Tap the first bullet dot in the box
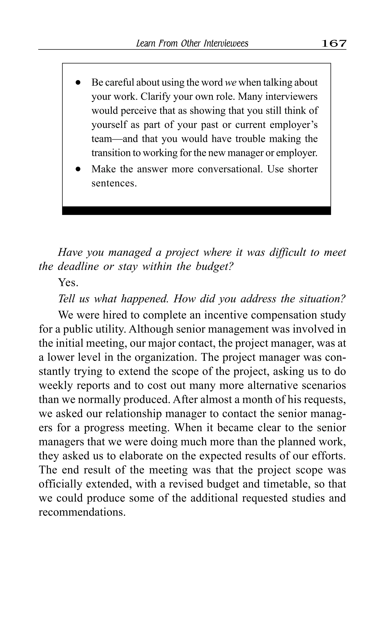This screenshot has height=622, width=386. pos(78,83)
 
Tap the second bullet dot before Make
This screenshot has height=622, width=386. pos(78,169)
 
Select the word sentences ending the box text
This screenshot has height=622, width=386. pos(114,183)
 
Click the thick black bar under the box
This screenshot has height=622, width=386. pos(196,211)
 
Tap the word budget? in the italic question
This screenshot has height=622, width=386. pos(214,266)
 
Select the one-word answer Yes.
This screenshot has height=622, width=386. pos(68,282)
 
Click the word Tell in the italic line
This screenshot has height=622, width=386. pos(66,299)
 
